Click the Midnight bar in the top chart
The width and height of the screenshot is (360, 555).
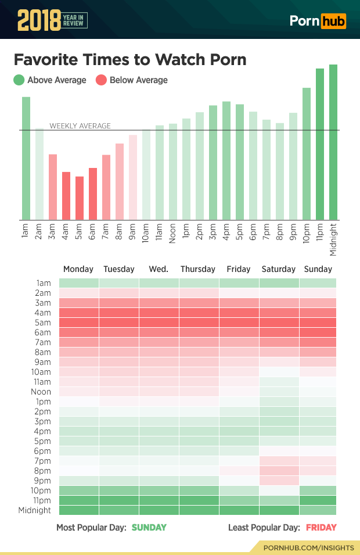[333, 142]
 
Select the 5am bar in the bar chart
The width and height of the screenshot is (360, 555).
[80, 198]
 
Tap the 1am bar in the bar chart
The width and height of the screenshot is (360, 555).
[26, 158]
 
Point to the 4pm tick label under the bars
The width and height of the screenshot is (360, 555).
[226, 232]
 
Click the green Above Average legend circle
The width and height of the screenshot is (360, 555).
[19, 80]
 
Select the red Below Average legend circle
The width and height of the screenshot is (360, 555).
[101, 80]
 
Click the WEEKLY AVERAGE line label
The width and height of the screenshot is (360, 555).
[80, 126]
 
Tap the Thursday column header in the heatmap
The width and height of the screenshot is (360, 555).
[198, 269]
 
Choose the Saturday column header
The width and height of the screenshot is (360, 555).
[279, 269]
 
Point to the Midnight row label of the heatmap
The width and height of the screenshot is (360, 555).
[36, 510]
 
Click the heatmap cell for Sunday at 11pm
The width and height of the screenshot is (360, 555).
[318, 500]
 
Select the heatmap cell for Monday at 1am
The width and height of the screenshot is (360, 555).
[78, 283]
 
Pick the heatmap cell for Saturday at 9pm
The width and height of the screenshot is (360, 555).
[279, 481]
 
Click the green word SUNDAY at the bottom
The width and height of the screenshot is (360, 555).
[149, 528]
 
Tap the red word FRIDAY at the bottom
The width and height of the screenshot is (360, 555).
[321, 528]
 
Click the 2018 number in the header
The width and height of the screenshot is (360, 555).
[38, 20]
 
